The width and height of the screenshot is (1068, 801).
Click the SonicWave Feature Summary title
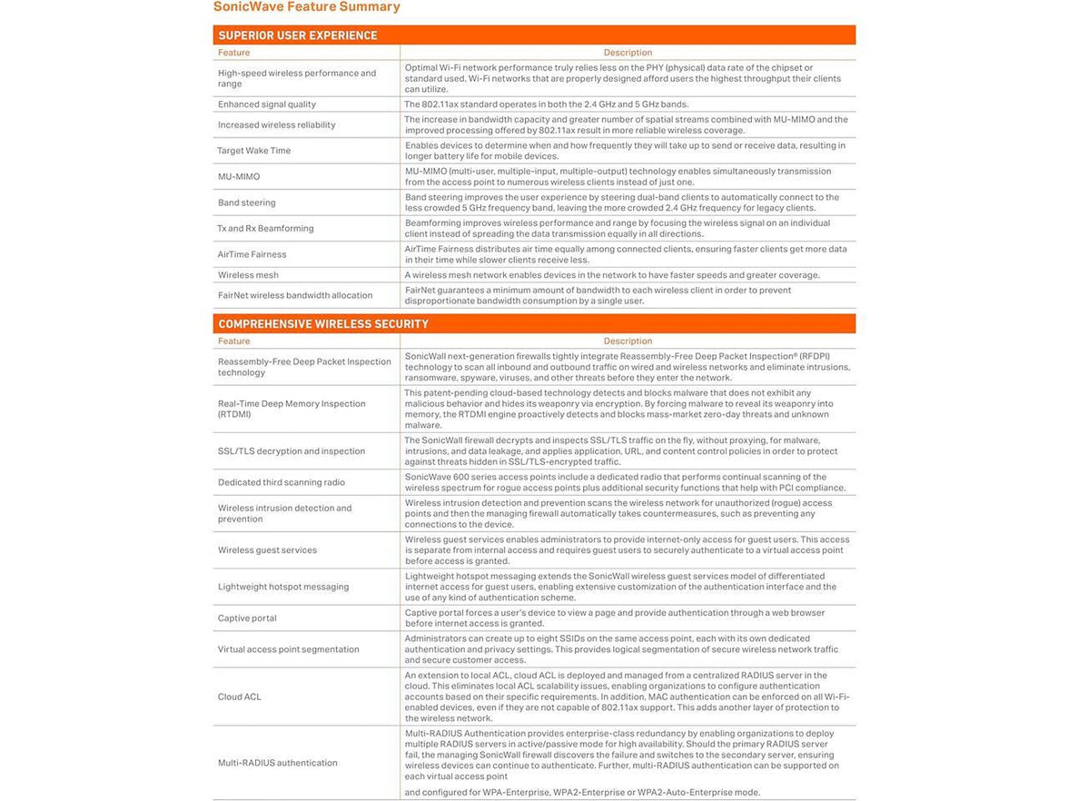pos(306,7)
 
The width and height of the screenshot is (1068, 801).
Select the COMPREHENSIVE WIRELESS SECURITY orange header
pos(323,324)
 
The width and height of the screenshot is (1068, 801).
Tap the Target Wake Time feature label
pos(253,151)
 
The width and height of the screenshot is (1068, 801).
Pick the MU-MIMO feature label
pos(238,177)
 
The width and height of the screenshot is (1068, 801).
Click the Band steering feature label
pos(246,203)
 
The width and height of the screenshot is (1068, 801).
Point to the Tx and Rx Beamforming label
pos(265,229)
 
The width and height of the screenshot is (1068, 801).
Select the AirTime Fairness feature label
pos(252,254)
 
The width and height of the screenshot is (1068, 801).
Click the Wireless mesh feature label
pos(248,275)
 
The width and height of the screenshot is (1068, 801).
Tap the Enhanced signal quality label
pos(267,104)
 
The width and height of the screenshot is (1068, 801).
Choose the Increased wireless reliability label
pos(276,125)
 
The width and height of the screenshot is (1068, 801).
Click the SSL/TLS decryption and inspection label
pos(291,451)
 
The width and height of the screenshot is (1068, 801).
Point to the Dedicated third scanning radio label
pos(281,482)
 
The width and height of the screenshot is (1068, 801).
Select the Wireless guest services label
pos(267,550)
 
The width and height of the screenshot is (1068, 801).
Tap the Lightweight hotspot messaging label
pos(282,587)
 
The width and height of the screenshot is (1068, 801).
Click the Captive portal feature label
pos(247,618)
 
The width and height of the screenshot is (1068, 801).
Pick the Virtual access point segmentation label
pos(288,649)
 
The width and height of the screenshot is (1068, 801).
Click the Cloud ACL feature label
pos(239,697)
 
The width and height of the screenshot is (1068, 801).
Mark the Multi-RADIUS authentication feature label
pos(277,763)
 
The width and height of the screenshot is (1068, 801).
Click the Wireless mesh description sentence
pos(611,275)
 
